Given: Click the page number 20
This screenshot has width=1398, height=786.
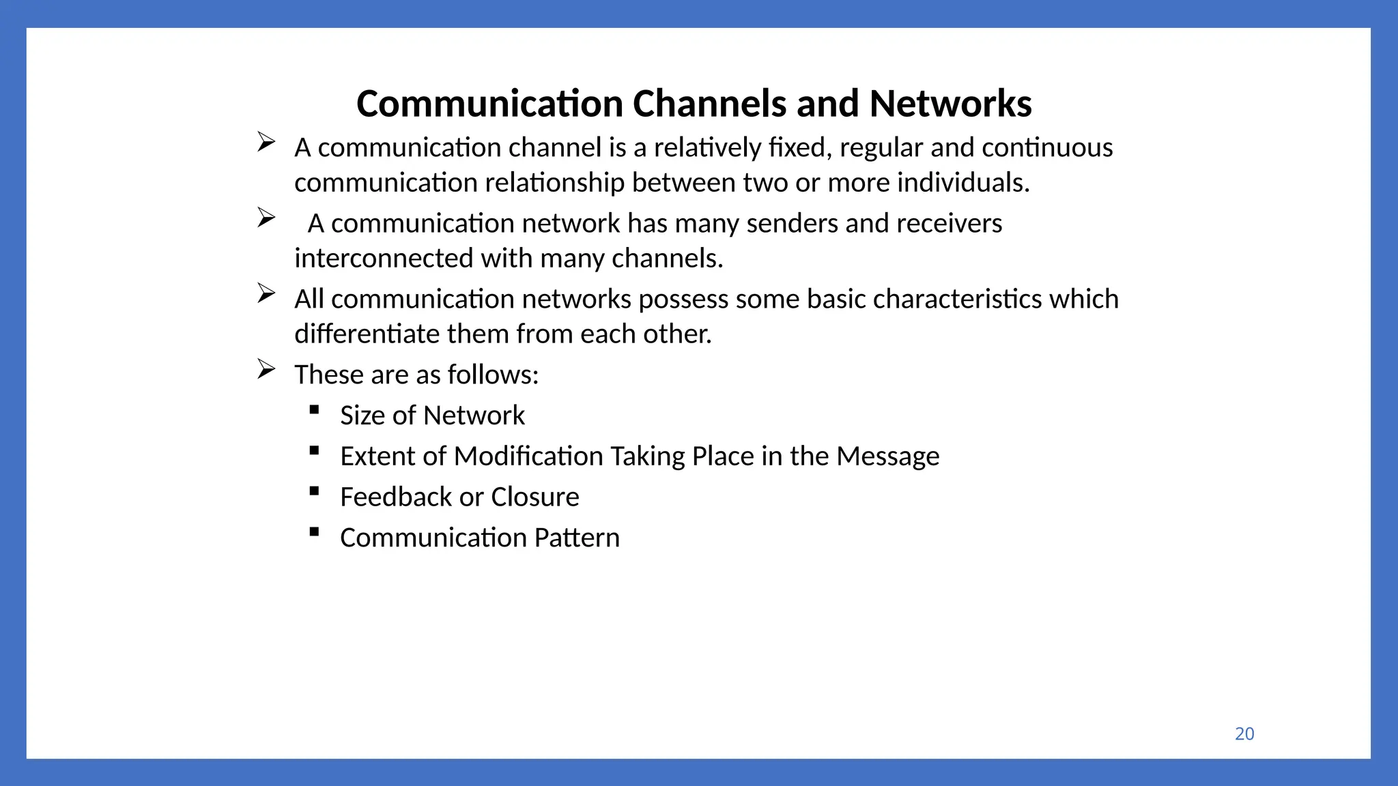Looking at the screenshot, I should (x=1244, y=733).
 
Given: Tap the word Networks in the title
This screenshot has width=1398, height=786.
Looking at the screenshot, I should (x=950, y=104).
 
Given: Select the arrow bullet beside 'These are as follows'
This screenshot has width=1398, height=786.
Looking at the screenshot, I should (x=266, y=369).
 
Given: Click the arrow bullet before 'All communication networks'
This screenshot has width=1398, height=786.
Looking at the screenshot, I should (x=266, y=293).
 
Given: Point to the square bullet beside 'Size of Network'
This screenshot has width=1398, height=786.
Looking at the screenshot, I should (x=314, y=409).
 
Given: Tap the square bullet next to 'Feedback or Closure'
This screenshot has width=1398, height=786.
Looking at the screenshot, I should (x=314, y=491).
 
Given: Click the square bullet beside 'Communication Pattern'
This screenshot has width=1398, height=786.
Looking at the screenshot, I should (x=314, y=532).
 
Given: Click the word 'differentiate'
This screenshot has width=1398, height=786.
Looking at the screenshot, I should (x=367, y=334).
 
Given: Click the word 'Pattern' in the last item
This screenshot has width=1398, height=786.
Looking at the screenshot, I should (x=577, y=538).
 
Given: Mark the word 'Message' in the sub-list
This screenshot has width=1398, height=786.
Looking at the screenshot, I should (x=888, y=456).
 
